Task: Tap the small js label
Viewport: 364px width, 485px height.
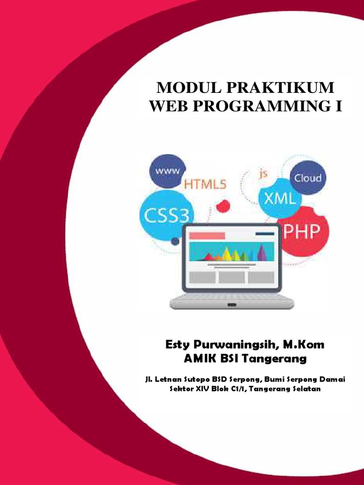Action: pyautogui.click(x=263, y=173)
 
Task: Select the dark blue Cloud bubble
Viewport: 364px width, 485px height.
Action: pyautogui.click(x=308, y=178)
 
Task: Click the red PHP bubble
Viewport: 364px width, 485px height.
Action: pyautogui.click(x=301, y=232)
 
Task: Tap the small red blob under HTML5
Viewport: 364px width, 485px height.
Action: pyautogui.click(x=222, y=206)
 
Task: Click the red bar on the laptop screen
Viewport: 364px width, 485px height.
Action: pyautogui.click(x=207, y=235)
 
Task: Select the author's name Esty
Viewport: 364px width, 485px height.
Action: pyautogui.click(x=177, y=345)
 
